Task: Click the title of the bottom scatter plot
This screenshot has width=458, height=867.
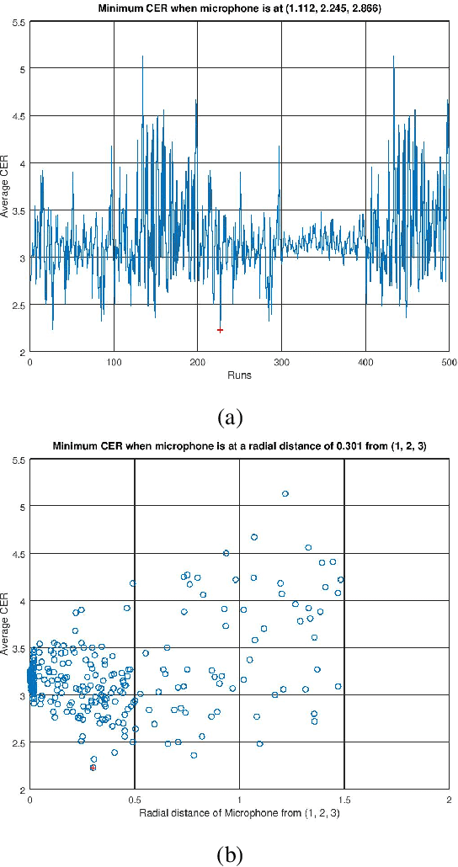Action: tap(240, 446)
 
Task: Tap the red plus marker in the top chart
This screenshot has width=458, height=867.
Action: tap(221, 330)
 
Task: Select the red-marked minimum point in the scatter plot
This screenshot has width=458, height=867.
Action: tap(93, 767)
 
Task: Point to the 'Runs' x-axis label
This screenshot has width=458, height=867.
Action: tap(240, 375)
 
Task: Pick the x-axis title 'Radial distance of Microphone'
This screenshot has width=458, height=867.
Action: tap(240, 813)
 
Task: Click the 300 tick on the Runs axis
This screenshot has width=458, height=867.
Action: tap(281, 362)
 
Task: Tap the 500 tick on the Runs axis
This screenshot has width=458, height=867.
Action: tap(449, 362)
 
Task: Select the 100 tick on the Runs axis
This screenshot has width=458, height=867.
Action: tap(114, 362)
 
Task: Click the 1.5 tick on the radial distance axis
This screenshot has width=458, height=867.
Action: tap(344, 800)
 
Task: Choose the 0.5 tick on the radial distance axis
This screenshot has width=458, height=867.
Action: tap(135, 800)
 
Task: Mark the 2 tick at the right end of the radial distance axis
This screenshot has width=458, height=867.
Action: tap(449, 800)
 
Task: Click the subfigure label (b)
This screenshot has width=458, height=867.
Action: tap(230, 854)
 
